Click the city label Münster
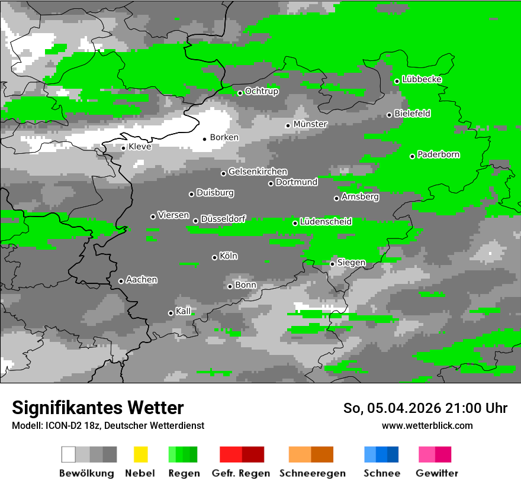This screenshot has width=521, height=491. (x=310, y=124)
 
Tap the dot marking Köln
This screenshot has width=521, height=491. (x=214, y=257)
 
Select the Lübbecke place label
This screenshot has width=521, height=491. (x=422, y=79)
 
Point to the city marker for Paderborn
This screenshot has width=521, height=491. (x=412, y=156)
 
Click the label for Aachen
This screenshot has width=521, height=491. (x=141, y=280)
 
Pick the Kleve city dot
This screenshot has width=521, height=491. (x=123, y=148)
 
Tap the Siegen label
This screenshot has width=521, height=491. (x=351, y=263)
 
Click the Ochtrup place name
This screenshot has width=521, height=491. (x=261, y=91)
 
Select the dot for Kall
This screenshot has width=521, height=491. (x=171, y=313)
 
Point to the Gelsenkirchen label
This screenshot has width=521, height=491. (x=258, y=172)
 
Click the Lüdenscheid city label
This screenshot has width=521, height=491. (x=326, y=222)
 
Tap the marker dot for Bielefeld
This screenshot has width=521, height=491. (x=389, y=115)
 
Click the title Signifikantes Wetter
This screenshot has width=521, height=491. (x=98, y=408)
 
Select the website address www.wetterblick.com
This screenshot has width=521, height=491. (x=427, y=425)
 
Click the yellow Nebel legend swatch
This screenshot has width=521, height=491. (x=140, y=454)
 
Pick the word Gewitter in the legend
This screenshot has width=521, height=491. (x=436, y=473)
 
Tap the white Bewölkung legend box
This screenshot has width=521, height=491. (x=69, y=454)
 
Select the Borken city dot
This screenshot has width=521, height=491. (x=204, y=139)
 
